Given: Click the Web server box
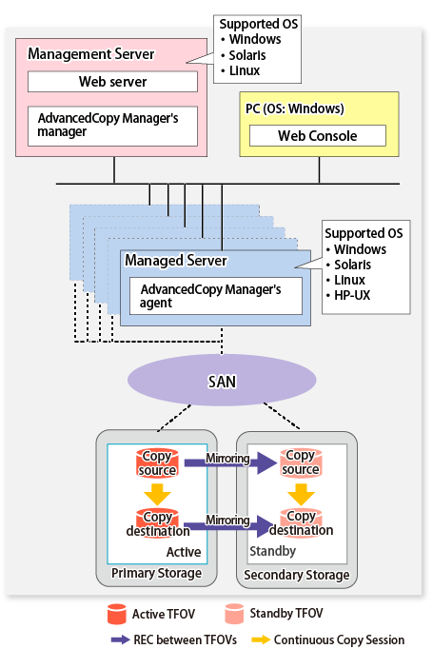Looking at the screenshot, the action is (x=112, y=82).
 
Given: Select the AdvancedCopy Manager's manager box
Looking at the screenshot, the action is (x=112, y=127).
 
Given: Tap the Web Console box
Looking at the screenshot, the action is (x=318, y=136).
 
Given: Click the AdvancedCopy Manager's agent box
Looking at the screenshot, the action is (x=216, y=296).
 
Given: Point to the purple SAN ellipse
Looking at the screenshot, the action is (x=222, y=380).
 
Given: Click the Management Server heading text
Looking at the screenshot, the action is (x=90, y=54).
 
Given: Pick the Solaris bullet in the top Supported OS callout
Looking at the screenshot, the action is (x=244, y=55).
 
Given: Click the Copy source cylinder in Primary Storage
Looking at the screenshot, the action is (x=157, y=463).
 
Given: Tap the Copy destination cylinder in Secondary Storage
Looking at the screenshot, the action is (x=301, y=523).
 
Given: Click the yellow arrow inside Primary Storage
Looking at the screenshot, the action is (x=157, y=493).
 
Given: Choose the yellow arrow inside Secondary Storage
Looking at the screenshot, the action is (x=301, y=493).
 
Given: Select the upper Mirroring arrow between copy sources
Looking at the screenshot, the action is (x=230, y=462).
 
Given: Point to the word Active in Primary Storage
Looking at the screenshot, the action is (x=184, y=552).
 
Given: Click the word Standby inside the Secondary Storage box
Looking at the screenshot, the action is (x=272, y=551).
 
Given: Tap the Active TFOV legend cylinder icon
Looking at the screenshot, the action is (x=117, y=614).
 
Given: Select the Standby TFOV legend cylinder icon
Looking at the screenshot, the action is (x=234, y=614).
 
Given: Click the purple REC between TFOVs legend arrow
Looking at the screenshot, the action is (x=121, y=639).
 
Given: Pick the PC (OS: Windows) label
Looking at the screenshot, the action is (x=295, y=108).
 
